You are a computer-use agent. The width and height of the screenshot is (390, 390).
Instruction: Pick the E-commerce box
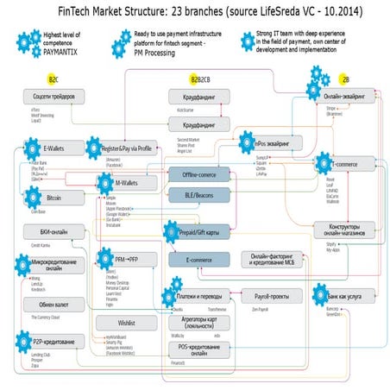coord(198,259)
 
